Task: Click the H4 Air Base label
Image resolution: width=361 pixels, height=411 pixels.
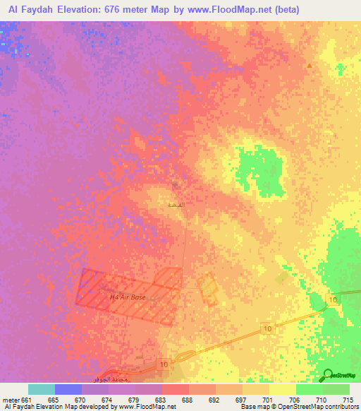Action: tap(128, 297)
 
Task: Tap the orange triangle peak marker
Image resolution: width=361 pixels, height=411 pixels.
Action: tap(309, 66)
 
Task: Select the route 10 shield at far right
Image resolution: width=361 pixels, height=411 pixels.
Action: tap(333, 301)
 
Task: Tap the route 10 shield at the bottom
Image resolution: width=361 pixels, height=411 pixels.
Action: tap(164, 364)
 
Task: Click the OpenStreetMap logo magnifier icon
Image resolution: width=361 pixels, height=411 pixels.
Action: tap(326, 375)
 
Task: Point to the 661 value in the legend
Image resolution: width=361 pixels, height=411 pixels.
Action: tap(27, 400)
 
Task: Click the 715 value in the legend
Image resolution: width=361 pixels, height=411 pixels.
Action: tap(346, 400)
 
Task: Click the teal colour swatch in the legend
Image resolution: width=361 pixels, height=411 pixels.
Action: tap(41, 389)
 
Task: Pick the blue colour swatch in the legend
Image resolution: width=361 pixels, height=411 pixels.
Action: tap(68, 389)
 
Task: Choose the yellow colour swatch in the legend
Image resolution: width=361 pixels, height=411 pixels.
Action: tap(282, 389)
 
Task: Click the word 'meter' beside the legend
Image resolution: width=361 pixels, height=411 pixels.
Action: tap(10, 400)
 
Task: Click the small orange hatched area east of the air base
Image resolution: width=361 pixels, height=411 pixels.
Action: tap(208, 287)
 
